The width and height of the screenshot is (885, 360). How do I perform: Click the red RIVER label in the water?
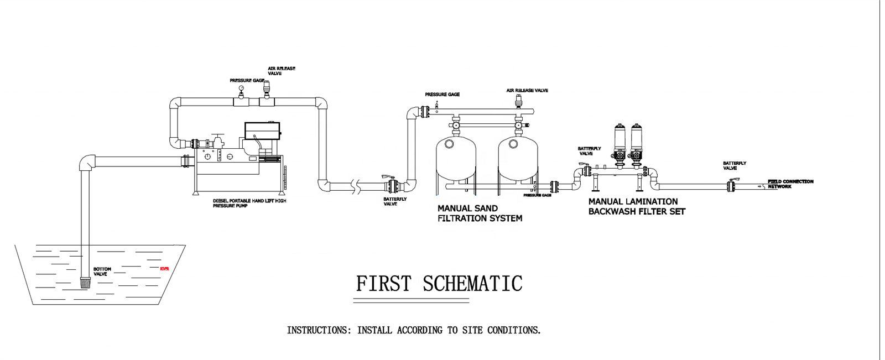point(164,269)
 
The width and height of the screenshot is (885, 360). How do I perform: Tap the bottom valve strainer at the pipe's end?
point(85,283)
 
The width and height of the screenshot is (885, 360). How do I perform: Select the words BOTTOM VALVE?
point(102,272)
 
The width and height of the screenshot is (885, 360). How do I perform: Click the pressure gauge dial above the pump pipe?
point(241,88)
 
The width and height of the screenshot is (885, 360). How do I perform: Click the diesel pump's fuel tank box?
point(262,131)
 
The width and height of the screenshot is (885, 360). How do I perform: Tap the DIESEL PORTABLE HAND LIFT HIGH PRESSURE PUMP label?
point(249,203)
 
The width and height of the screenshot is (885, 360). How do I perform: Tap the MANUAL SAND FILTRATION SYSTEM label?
point(480,213)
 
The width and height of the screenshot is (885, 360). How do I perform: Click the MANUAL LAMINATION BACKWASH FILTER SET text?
point(637,206)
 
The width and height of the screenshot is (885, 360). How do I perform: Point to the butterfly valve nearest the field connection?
point(731,186)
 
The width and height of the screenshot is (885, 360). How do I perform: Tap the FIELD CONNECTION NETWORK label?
point(790,184)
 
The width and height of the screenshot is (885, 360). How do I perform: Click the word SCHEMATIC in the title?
point(472,284)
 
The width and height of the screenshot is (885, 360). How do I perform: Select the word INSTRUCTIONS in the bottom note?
point(318,330)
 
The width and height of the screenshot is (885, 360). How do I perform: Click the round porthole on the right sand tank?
point(513,144)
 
